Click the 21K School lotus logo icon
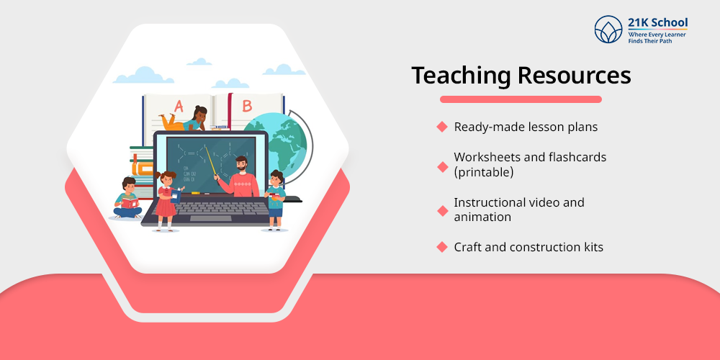click(x=608, y=29)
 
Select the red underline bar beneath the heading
click(x=521, y=99)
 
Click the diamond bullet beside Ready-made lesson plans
click(x=442, y=127)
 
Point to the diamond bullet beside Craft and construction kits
click(x=442, y=247)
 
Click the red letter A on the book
click(x=179, y=105)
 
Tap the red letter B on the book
click(x=247, y=105)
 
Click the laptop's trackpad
click(x=210, y=218)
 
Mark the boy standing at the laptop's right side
click(x=275, y=198)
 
